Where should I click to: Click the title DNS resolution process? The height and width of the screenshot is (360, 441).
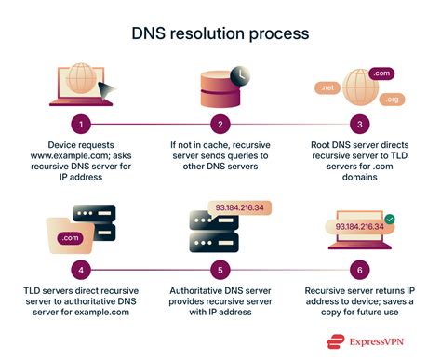pyautogui.click(x=220, y=33)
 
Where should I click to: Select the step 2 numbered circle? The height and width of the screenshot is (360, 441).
pyautogui.click(x=221, y=123)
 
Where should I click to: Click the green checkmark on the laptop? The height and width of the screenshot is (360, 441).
pyautogui.click(x=389, y=220)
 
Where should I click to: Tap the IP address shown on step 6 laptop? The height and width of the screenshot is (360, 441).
pyautogui.click(x=360, y=225)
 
